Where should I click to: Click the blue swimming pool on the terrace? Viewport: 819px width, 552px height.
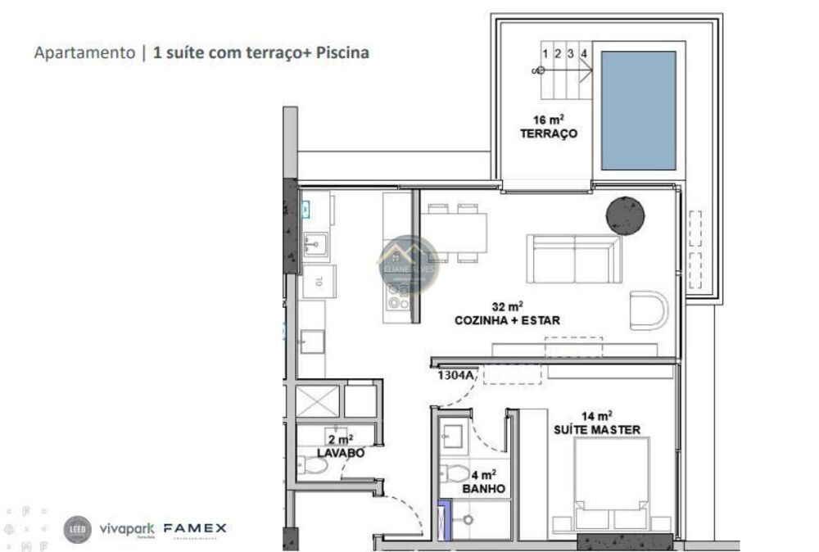pos(638,110)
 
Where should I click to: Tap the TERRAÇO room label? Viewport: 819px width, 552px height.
pos(549,133)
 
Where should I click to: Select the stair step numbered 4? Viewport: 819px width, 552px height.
pos(583,54)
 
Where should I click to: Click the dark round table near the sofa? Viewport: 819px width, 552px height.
pos(625,215)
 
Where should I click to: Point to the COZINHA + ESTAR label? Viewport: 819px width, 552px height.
pos(507,320)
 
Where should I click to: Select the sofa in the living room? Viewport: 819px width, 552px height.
pos(574,259)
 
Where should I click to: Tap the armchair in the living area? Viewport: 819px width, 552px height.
pos(649,310)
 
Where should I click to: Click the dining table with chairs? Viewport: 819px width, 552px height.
pos(456,233)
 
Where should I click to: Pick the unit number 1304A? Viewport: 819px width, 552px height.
pos(455,375)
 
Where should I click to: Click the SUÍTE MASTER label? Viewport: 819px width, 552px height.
pos(597,429)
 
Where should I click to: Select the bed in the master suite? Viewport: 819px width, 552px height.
pos(611,483)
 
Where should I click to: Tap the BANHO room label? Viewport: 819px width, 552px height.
pos(483,489)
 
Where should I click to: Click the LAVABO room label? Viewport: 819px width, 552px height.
pos(340,452)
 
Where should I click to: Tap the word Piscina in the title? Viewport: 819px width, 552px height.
pos(342,53)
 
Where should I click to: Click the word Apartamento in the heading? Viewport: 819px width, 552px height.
pos(84,53)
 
